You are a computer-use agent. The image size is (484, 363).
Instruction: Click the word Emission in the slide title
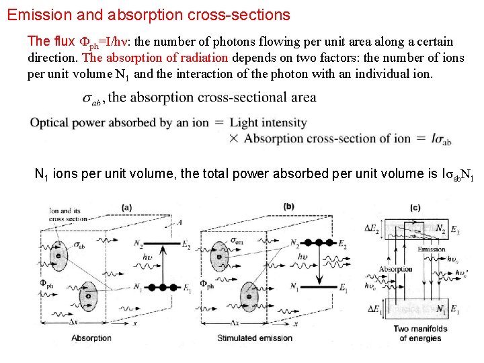[35, 14]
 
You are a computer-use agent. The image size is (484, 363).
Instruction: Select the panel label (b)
[289, 206]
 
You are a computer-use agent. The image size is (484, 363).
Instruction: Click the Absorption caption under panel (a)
[91, 337]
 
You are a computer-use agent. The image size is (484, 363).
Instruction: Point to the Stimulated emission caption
[255, 337]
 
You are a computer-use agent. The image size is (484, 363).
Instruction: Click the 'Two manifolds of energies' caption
[419, 333]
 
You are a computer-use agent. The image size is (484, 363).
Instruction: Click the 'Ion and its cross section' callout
[67, 215]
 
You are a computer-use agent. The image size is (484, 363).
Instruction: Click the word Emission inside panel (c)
[432, 249]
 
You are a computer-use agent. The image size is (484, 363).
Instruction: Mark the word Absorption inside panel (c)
[395, 270]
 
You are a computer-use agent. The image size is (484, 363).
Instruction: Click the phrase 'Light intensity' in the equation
[268, 124]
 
